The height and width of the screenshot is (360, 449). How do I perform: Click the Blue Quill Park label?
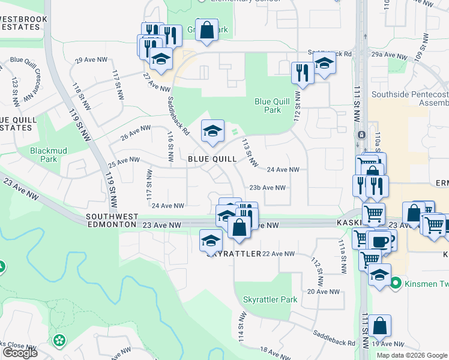pos(268,106)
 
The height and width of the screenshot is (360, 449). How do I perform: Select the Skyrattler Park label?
pos(270,299)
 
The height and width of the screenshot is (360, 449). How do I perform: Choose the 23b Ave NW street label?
pos(267,187)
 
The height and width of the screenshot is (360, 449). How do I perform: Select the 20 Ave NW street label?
pos(324,292)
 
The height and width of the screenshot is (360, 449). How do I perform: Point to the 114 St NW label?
pos(243,326)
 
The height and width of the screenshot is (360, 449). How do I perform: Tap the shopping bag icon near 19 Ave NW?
pos(379,326)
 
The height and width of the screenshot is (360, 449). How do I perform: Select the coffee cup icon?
pos(378,240)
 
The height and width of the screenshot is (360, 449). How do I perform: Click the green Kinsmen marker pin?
pos(396,282)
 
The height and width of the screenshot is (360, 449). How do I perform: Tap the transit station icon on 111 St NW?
pos(362,134)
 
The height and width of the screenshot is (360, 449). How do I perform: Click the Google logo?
pos(20,353)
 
